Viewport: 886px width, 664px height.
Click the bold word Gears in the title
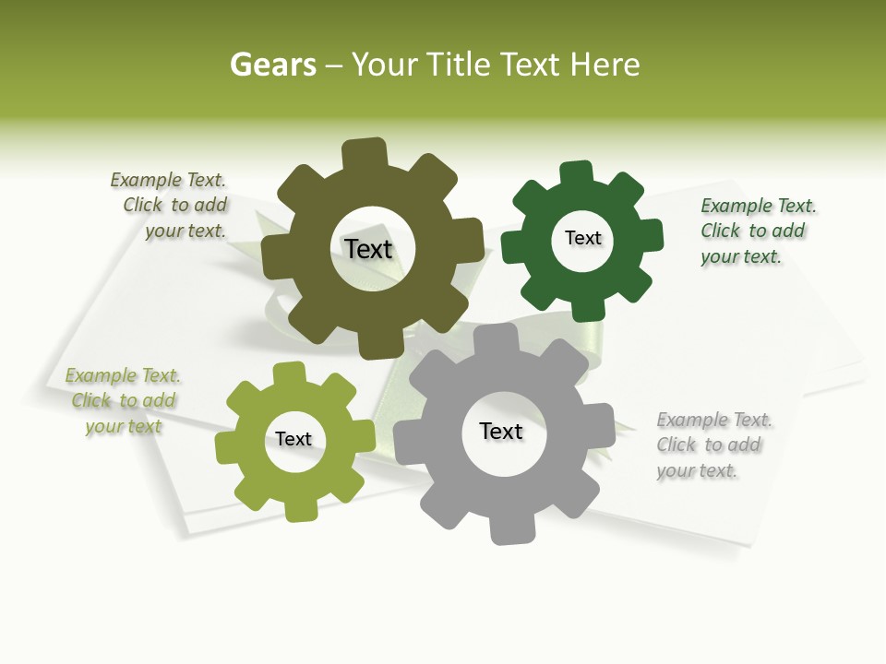(x=273, y=65)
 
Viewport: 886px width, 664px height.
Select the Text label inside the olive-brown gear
(x=368, y=249)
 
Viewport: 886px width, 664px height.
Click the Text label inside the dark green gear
(x=582, y=238)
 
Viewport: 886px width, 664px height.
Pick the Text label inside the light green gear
(x=293, y=439)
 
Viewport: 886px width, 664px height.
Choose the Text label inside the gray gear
(x=501, y=431)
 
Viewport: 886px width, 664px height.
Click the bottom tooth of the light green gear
(x=301, y=508)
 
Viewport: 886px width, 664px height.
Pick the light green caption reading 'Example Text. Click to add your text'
(x=124, y=400)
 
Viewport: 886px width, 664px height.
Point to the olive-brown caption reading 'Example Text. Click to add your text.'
(x=172, y=205)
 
